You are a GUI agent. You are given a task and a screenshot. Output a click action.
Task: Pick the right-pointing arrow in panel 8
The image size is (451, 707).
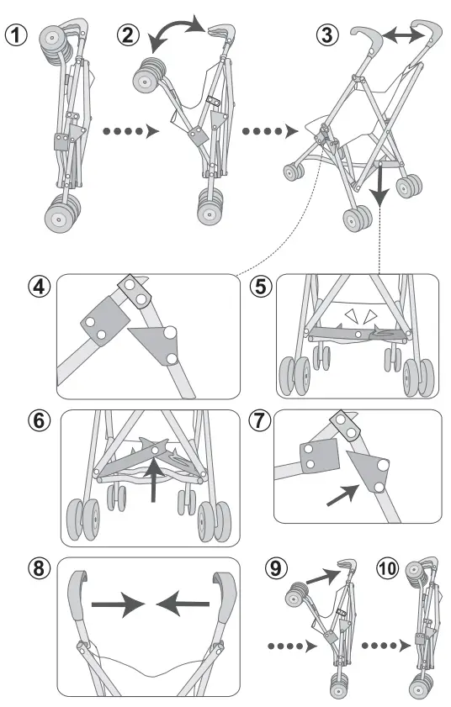[x=118, y=604]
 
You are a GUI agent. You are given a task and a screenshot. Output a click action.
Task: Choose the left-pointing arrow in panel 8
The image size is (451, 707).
[x=183, y=604]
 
